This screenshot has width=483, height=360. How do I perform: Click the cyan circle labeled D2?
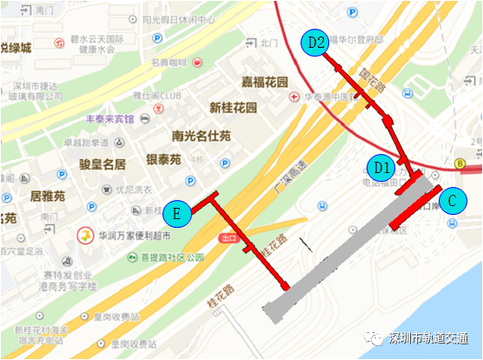pos(315,42)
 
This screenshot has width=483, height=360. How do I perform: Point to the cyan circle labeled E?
pos(176,213)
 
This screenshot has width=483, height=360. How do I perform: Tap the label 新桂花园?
pos(234,109)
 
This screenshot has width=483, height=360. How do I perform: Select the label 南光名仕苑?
pos(202,136)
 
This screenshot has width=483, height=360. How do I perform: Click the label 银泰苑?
pos(162,160)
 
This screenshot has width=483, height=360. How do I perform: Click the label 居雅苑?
pos(48,197)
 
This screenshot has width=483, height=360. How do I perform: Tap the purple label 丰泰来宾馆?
pos(110,119)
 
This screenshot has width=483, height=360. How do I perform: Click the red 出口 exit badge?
pos(229,237)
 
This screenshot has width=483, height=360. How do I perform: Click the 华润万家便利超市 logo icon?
pos(85,235)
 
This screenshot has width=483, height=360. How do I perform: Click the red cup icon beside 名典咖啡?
pos(197,63)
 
